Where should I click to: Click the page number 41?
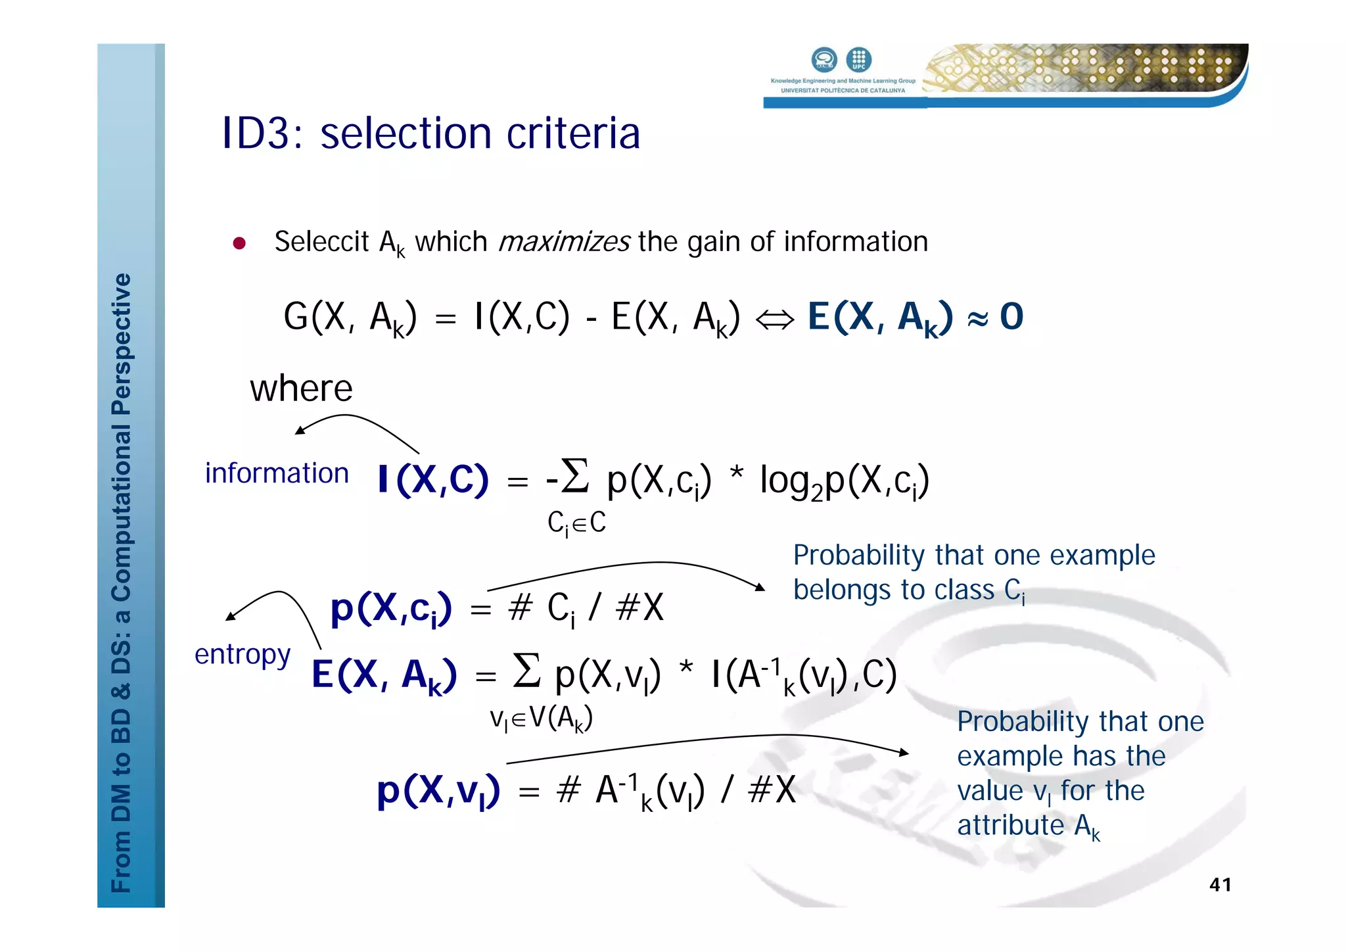coord(1220,884)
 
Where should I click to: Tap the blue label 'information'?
coord(277,473)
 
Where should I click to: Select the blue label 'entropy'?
coord(243,655)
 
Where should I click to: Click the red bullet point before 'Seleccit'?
coord(239,244)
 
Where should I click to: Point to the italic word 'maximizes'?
coord(564,242)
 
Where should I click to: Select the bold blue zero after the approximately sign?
coord(1011,317)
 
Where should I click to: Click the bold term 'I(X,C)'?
coord(433,479)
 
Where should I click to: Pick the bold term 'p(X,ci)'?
coord(391,608)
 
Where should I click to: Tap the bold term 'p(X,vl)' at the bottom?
coord(438,790)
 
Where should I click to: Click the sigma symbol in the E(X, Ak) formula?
coord(526,670)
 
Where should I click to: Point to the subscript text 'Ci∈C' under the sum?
coord(576,523)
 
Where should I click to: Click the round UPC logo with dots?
coord(858,60)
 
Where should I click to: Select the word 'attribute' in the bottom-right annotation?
coord(1010,825)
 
